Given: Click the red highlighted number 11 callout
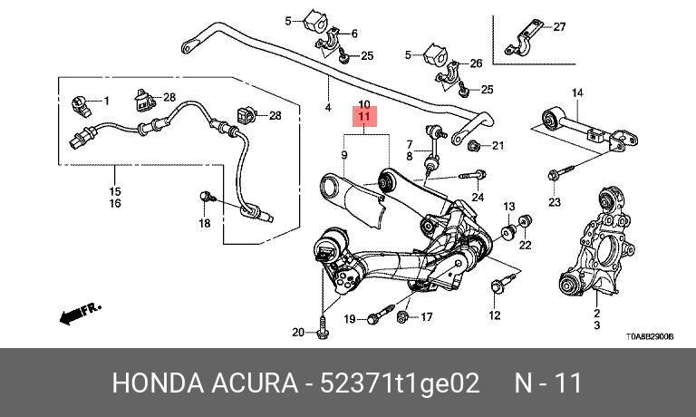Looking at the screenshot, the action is [x=364, y=117].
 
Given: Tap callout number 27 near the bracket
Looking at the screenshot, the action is [x=559, y=26].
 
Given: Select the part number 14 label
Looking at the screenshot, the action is [x=577, y=92].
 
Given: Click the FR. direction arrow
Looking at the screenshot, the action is [x=81, y=313].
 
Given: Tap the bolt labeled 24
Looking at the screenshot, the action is [x=473, y=175].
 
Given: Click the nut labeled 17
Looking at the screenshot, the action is [x=402, y=316].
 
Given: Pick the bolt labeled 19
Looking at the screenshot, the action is [x=381, y=314].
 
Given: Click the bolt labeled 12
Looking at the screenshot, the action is [x=502, y=284].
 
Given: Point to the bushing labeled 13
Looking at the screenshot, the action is [x=507, y=232].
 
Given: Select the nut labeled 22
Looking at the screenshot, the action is [x=525, y=220].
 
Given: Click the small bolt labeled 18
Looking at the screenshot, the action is [x=208, y=197].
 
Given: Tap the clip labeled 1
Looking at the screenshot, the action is [x=82, y=107].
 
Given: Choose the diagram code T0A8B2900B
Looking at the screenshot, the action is [x=650, y=336].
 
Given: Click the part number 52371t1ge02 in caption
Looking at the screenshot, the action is [x=400, y=383].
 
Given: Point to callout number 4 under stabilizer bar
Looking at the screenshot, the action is [x=328, y=107].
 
